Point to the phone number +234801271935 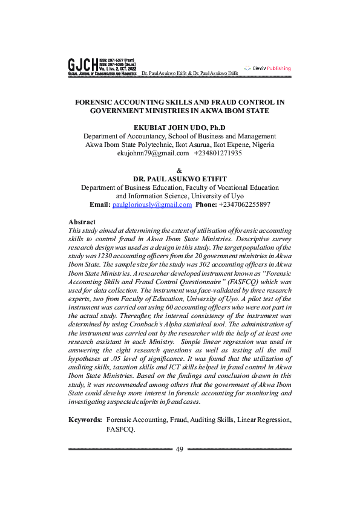[218, 154]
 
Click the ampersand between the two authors [179, 170]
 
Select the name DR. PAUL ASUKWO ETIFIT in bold [179, 180]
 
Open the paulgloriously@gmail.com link [152, 205]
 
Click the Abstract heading [82, 222]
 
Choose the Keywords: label [85, 420]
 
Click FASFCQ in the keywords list [120, 429]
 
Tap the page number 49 [180, 449]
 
